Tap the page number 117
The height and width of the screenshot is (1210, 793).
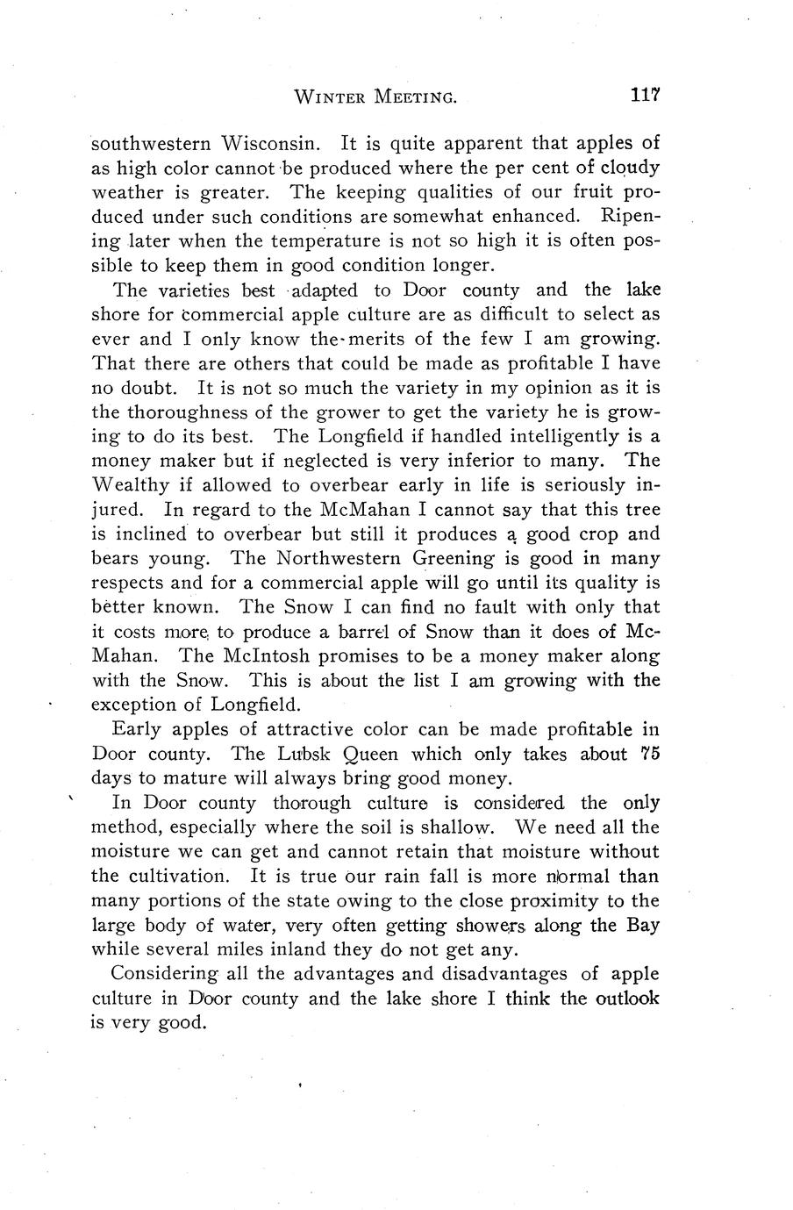(x=644, y=96)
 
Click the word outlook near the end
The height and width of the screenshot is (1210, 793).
(x=624, y=999)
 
